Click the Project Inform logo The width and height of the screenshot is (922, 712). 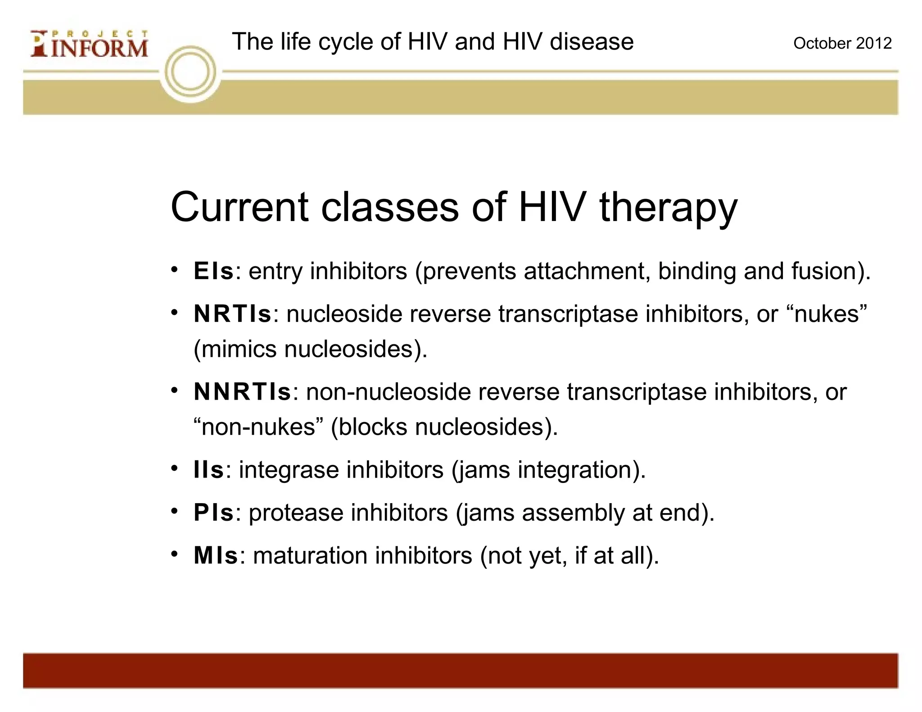point(89,44)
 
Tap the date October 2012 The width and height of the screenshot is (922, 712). point(842,43)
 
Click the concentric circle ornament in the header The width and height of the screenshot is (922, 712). point(190,72)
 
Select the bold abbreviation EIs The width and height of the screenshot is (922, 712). point(213,271)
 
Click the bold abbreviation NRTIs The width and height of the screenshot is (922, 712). point(232,314)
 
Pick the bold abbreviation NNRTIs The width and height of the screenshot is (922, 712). point(242,392)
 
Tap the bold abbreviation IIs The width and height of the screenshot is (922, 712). point(208,470)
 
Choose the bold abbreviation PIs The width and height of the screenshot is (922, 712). point(213,513)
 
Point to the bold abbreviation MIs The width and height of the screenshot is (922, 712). point(216,555)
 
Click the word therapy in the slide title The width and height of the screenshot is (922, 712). point(668,208)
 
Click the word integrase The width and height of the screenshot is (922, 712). point(288,470)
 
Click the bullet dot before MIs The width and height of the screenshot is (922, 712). point(175,554)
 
